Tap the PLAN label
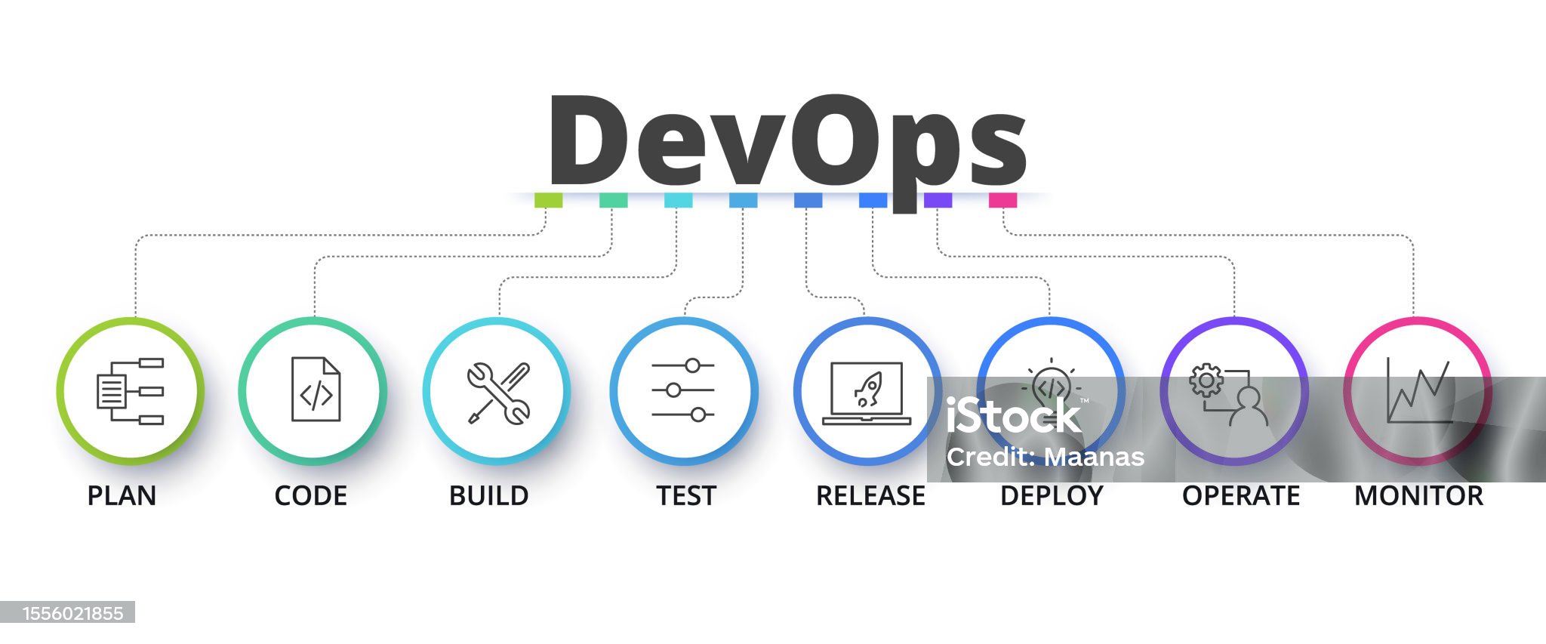pyautogui.click(x=122, y=496)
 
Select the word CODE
pyautogui.click(x=310, y=496)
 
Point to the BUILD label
pyautogui.click(x=488, y=496)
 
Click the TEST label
pyautogui.click(x=685, y=496)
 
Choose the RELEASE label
pyautogui.click(x=870, y=496)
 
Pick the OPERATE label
pyautogui.click(x=1240, y=496)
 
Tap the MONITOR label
pyautogui.click(x=1418, y=496)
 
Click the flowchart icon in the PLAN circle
pyautogui.click(x=130, y=391)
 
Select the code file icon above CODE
pyautogui.click(x=316, y=390)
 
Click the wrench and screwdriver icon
pyautogui.click(x=498, y=393)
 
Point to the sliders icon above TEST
pyautogui.click(x=683, y=390)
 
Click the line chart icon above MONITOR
pyautogui.click(x=1418, y=390)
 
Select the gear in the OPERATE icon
pyautogui.click(x=1206, y=380)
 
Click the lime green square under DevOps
pyautogui.click(x=548, y=200)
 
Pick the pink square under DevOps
pyautogui.click(x=1002, y=200)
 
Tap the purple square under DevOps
pyautogui.click(x=938, y=200)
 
